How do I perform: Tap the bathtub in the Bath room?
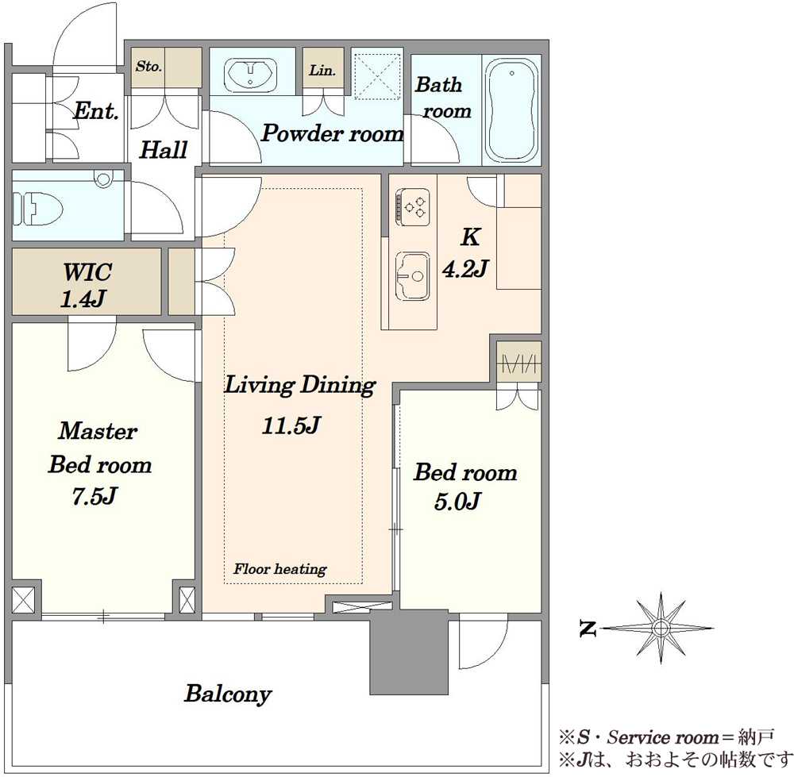point(511,110)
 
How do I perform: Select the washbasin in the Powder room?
point(250,75)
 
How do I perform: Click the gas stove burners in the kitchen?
point(413,207)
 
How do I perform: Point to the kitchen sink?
point(412,276)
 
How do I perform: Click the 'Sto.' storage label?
point(148,67)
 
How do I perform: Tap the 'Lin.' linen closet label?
point(322,70)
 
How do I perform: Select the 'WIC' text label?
point(87,272)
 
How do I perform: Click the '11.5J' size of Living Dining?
point(291,425)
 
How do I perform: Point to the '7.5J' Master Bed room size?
point(94,496)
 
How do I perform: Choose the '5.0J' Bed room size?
point(457,501)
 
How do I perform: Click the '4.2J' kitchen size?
point(464,269)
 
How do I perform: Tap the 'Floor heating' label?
point(280,569)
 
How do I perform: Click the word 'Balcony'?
point(228,694)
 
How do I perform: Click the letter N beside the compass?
point(588,629)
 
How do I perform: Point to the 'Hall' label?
point(164,150)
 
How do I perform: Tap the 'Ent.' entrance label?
point(96,111)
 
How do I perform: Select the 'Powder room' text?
point(333,133)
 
